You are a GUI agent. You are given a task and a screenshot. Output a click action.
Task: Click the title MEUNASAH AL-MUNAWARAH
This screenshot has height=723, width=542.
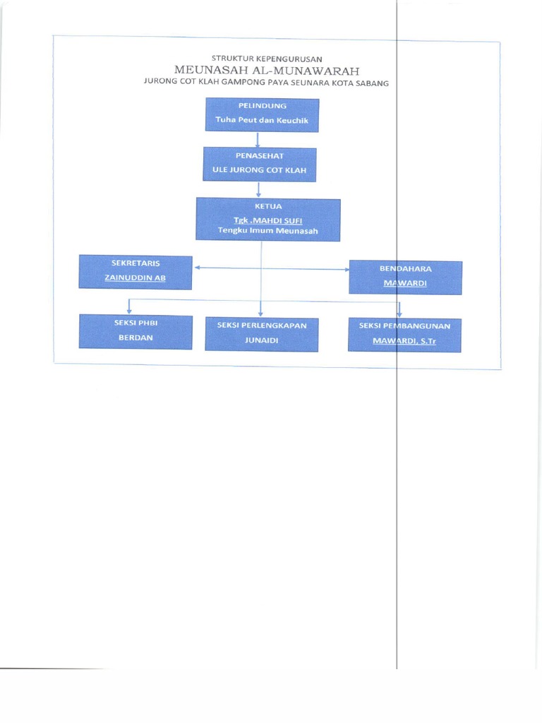267,71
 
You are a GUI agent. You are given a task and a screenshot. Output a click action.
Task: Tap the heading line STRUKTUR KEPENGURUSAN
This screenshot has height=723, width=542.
267,58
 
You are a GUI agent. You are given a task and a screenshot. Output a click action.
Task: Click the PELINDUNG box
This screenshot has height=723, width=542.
262,114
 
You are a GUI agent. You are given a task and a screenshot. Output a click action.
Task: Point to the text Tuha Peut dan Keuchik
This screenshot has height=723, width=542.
262,120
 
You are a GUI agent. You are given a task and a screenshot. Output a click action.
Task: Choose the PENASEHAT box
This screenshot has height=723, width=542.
259,164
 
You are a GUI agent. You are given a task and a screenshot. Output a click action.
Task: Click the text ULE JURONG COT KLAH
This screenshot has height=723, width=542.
259,170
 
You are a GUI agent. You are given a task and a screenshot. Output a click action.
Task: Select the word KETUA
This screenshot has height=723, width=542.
267,206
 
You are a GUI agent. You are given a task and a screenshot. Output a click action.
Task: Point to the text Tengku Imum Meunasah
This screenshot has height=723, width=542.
267,231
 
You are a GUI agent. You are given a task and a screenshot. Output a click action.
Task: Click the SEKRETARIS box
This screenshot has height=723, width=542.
135,272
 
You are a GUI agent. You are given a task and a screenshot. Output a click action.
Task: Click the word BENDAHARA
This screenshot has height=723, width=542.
406,269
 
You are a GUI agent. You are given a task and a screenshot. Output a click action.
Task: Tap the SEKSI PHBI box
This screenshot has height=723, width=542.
135,331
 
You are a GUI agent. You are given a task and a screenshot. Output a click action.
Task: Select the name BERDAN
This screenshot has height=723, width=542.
135,337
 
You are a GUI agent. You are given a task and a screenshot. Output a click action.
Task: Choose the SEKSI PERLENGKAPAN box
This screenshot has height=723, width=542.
261,334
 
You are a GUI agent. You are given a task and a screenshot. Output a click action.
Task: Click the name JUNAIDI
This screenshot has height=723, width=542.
261,340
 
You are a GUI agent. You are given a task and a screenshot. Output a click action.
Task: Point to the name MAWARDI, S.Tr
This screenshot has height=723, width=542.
404,341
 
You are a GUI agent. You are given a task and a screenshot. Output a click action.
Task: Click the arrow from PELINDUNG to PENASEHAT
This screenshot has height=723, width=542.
259,139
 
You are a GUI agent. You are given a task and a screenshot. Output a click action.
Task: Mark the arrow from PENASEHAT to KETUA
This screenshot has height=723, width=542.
259,189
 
